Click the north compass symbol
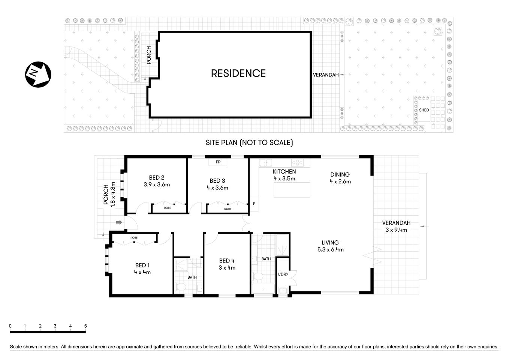[x=37, y=74]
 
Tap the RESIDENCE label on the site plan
[x=238, y=73]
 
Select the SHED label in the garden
[x=424, y=110]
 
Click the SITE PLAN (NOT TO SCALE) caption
[x=249, y=142]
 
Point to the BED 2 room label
[x=157, y=178]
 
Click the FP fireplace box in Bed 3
[x=218, y=162]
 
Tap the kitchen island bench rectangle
[x=292, y=190]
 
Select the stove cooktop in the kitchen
[x=297, y=163]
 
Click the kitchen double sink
[x=265, y=163]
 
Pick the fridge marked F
[x=254, y=204]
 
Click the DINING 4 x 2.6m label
[x=340, y=178]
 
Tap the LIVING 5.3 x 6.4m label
[x=330, y=246]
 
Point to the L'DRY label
[x=283, y=274]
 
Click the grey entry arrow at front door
[x=119, y=223]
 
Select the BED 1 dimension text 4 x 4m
[x=142, y=272]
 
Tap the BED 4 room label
[x=227, y=261]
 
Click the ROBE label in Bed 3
[x=228, y=209]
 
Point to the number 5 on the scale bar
[x=85, y=326]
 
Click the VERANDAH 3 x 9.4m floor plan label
[x=396, y=226]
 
